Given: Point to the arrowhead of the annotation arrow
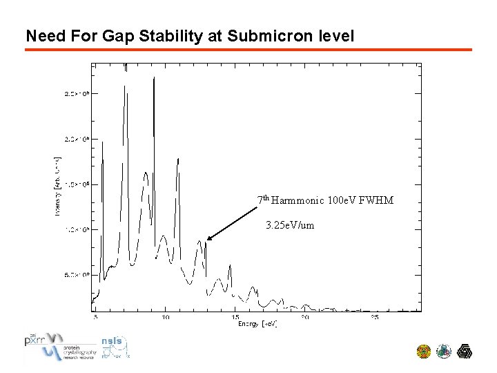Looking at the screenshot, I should click(207, 240).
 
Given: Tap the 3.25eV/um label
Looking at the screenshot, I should click(290, 225).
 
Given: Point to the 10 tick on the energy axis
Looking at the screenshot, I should click(165, 318).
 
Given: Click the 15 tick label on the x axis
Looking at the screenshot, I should click(235, 318).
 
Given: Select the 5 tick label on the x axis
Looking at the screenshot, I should click(95, 318).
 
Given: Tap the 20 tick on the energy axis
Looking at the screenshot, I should click(305, 318).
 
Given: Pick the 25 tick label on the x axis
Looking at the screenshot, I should click(375, 318).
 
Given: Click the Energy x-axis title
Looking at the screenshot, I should click(257, 324).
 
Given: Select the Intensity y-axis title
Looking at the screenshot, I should click(57, 185).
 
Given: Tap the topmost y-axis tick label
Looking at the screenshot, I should click(77, 93).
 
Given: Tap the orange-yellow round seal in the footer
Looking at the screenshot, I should click(424, 352).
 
